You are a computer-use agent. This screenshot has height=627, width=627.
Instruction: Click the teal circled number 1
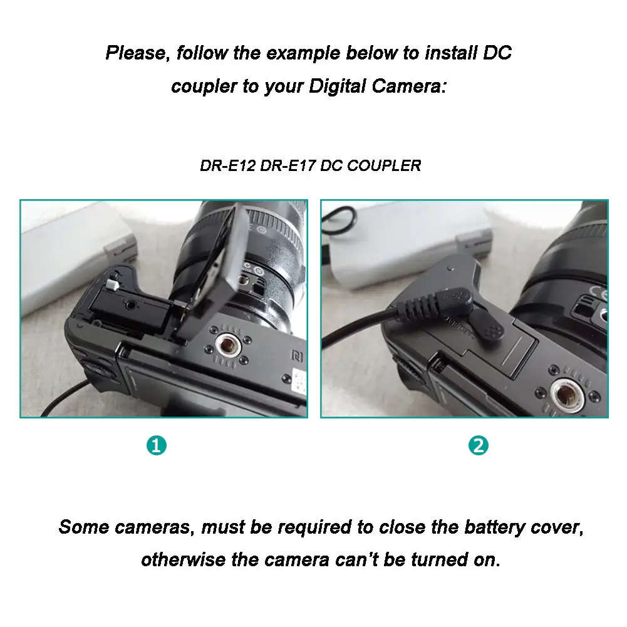click(156, 446)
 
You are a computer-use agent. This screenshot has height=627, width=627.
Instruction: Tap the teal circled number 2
click(479, 446)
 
